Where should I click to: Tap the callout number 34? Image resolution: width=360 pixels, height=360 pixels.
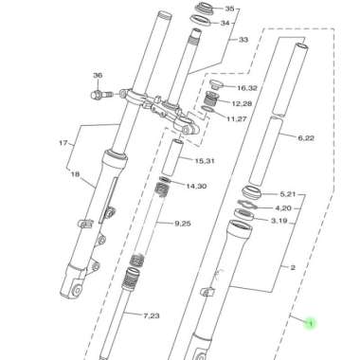pos(228,23)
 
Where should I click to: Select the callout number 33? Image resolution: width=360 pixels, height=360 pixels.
pos(243,40)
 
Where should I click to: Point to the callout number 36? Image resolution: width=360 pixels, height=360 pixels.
pos(97,75)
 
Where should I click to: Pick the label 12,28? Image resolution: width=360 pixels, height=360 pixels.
pos(242,102)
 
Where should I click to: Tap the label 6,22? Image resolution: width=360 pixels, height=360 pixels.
pos(305,139)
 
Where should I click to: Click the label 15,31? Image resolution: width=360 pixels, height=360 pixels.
pos(206,160)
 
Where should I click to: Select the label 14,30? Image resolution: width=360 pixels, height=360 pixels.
pos(197,187)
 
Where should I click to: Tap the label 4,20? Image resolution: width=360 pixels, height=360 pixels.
pos(283,207)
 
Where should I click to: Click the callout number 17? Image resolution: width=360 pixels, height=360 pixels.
pos(64,144)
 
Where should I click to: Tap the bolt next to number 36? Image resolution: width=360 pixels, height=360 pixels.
pos(99,94)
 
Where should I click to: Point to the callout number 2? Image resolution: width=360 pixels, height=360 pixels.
pos(294,268)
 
